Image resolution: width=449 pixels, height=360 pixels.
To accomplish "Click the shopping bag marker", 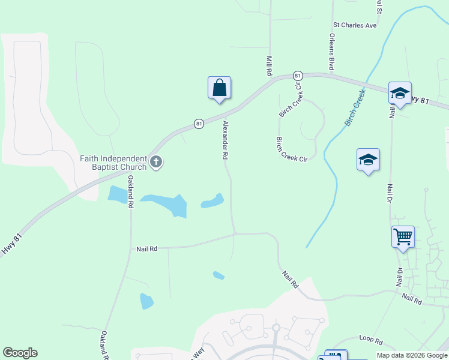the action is (220, 88).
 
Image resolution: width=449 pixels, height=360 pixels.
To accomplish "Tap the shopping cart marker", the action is (403, 236).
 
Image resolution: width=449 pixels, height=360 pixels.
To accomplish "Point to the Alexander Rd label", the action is (226, 140).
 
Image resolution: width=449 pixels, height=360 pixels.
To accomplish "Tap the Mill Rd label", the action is (269, 66).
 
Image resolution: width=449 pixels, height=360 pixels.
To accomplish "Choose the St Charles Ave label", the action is (355, 26).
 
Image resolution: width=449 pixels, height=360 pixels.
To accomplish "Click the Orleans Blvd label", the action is (331, 52).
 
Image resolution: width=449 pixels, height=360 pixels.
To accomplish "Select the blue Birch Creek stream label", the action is (355, 108).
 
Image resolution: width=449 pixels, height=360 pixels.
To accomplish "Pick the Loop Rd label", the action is (370, 340).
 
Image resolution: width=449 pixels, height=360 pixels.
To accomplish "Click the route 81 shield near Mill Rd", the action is (297, 76).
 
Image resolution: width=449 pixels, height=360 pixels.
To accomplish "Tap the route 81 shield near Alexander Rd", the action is (199, 124).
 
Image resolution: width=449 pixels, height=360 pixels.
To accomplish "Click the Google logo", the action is (20, 353).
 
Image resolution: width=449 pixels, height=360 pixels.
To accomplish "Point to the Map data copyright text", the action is (411, 355).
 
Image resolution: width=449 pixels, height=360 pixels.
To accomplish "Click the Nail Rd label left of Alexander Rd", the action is (146, 248).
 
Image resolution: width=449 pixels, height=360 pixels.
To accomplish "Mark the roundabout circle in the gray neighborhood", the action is (276, 328).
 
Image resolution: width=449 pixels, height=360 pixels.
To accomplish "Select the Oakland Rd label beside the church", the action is (130, 191).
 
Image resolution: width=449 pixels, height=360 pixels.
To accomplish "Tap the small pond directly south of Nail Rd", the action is (218, 275).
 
